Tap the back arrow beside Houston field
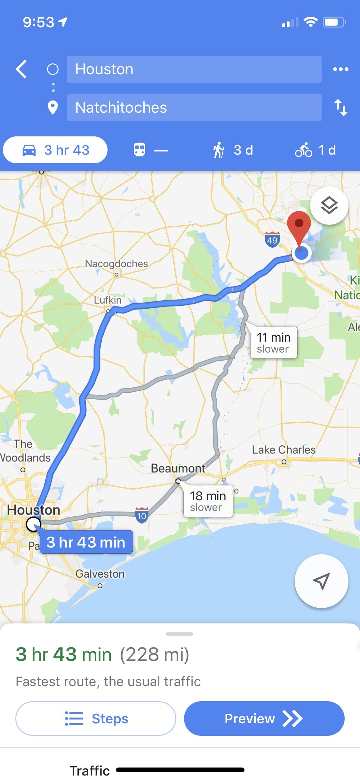[21, 69]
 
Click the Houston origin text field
[194, 69]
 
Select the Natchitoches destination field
[194, 108]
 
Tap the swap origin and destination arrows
[340, 108]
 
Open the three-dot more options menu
[340, 69]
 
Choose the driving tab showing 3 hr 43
[55, 150]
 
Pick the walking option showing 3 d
[233, 150]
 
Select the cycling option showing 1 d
[316, 150]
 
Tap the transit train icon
[140, 150]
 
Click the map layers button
[329, 205]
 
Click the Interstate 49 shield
[272, 240]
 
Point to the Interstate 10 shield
[141, 515]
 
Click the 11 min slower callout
[274, 343]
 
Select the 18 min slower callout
[208, 501]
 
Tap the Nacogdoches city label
[116, 264]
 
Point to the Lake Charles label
[284, 450]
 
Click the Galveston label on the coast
[100, 574]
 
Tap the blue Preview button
[264, 719]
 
